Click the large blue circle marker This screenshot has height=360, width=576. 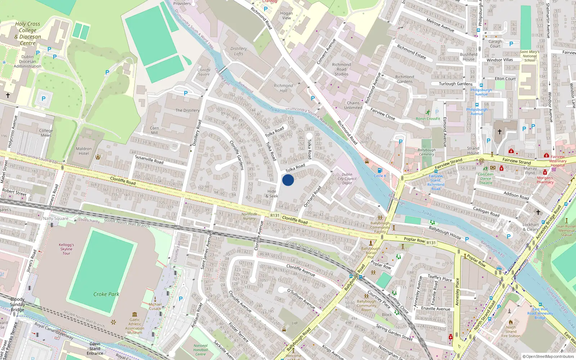click(288, 180)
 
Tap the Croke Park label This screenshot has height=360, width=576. click(106, 294)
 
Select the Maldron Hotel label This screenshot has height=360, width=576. click(84, 151)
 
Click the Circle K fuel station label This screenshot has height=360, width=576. click(380, 176)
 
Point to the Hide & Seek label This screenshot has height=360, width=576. click(272, 194)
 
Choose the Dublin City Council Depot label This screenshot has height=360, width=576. click(347, 179)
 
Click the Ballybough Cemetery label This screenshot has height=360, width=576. click(427, 152)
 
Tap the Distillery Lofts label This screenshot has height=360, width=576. click(239, 51)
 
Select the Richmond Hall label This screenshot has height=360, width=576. click(283, 88)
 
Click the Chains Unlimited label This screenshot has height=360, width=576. click(353, 105)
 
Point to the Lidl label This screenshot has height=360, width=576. click(295, 323)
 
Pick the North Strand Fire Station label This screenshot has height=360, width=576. click(511, 332)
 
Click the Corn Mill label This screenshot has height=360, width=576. click(154, 130)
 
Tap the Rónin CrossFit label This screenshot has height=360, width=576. click(428, 118)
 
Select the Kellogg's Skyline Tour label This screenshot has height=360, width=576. click(66, 249)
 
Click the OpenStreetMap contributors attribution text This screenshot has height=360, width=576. click(550, 357)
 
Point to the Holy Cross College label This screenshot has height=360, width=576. click(28, 33)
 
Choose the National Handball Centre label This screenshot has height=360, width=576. click(201, 350)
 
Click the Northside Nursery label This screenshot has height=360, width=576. click(249, 216)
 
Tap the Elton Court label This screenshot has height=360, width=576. click(505, 78)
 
